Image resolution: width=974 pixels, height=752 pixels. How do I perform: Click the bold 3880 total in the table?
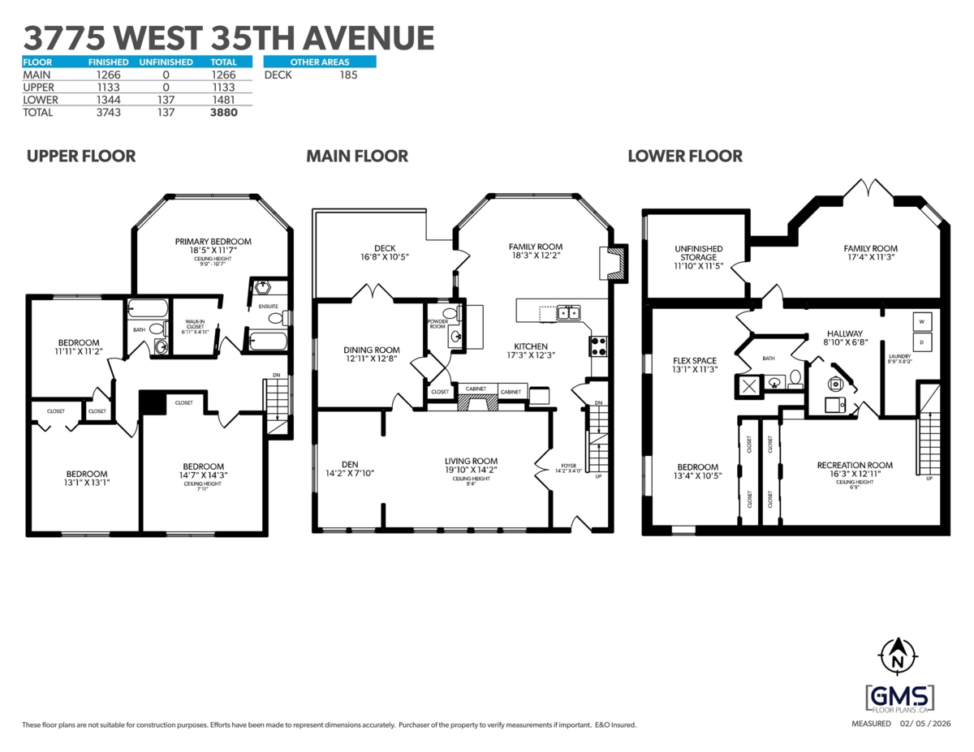click(x=223, y=113)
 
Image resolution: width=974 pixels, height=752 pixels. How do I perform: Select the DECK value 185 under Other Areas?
click(x=348, y=75)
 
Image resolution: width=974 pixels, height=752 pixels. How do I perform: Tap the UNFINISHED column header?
click(x=166, y=62)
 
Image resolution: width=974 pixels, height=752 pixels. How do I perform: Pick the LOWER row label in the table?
click(x=39, y=100)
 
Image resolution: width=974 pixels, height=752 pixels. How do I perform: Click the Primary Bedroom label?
click(x=213, y=241)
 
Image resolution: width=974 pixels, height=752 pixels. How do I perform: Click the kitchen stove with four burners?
click(x=598, y=346)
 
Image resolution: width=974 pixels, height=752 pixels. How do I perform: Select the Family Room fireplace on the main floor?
click(x=617, y=263)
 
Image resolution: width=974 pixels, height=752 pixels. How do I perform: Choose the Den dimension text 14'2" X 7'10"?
click(x=350, y=472)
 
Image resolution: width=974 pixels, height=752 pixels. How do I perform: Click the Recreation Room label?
click(x=855, y=465)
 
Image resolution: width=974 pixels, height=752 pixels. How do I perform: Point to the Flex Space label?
click(x=694, y=360)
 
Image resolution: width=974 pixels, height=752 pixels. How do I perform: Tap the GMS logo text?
click(x=899, y=696)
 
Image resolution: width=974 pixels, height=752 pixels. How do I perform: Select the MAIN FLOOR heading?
click(x=357, y=156)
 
